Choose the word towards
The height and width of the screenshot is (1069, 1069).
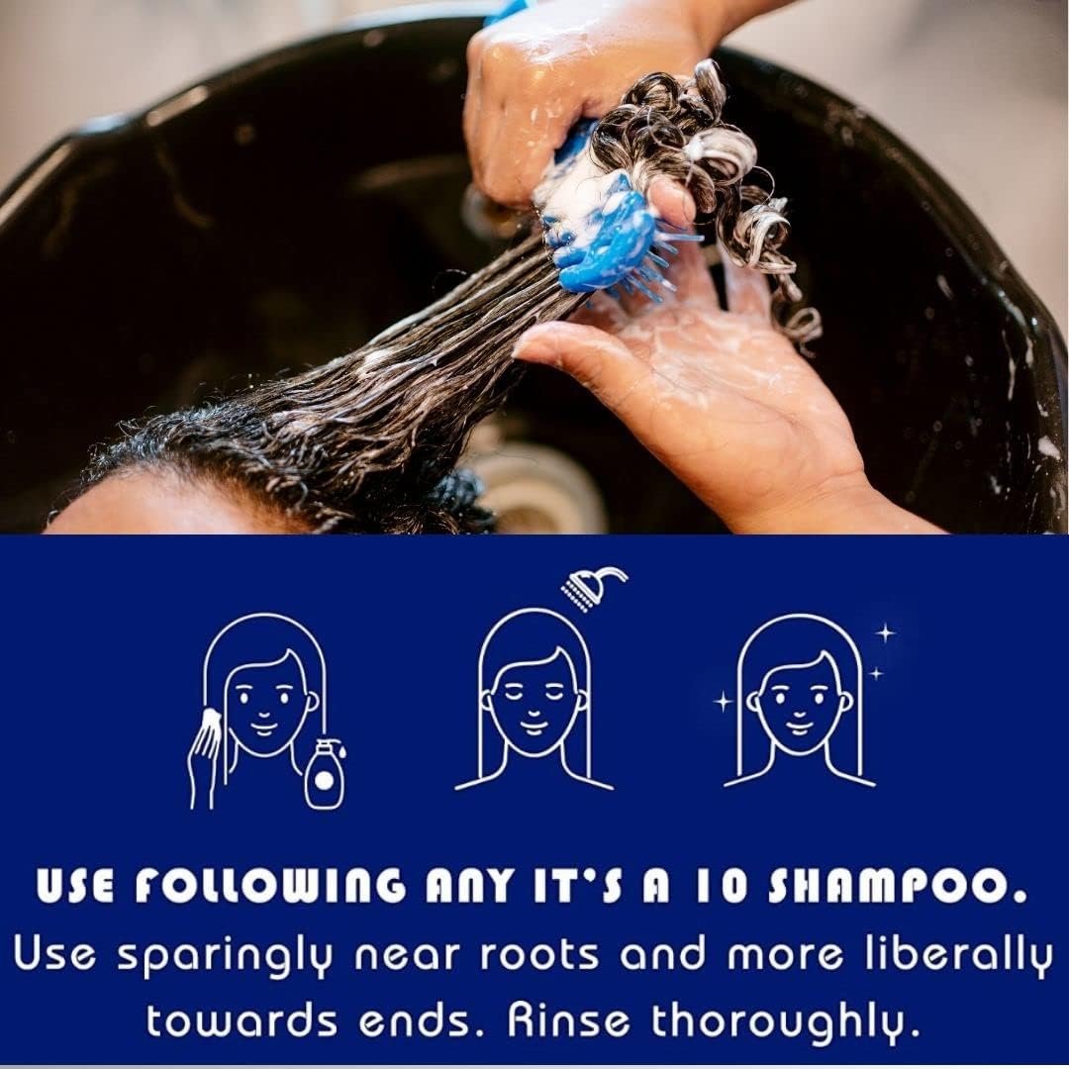[242, 1020]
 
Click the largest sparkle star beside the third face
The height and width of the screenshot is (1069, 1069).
[886, 634]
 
